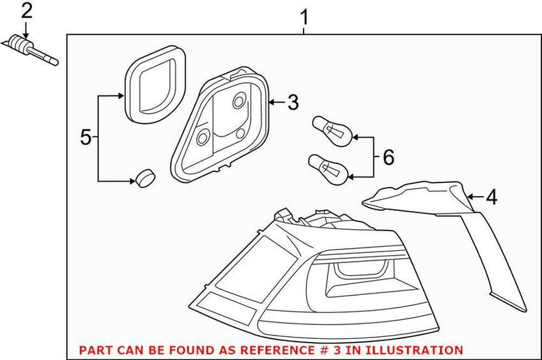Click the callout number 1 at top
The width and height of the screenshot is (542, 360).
point(304,15)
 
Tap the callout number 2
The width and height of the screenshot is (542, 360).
point(26,10)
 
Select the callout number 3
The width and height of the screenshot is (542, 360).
point(292,103)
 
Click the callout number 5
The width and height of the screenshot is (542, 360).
point(85,138)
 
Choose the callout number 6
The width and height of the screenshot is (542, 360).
point(388,157)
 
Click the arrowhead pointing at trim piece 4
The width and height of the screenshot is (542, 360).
point(471,197)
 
